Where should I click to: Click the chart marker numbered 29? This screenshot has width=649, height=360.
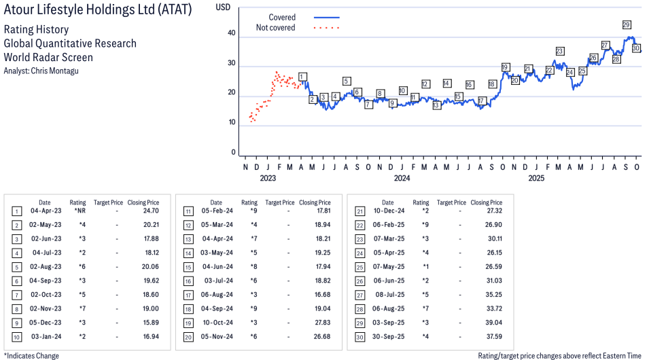(627, 25)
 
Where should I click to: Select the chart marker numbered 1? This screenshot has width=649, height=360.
(302, 77)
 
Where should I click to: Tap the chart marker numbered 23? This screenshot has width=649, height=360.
(559, 51)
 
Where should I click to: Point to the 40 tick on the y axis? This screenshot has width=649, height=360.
(232, 33)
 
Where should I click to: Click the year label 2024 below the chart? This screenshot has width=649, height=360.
(402, 179)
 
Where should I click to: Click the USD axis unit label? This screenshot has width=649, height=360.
(223, 7)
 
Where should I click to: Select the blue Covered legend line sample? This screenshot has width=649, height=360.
(327, 17)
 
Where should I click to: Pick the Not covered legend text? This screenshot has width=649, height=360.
(275, 28)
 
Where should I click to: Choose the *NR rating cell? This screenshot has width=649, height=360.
(79, 211)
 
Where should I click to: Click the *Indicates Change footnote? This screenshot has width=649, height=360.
(31, 355)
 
